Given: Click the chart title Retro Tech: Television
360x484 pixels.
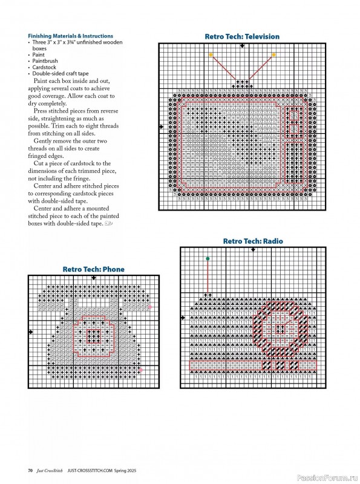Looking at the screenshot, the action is coord(242,36).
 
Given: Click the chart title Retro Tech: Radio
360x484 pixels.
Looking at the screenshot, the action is coord(253,241).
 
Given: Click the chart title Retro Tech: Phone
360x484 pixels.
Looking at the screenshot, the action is coord(94,269).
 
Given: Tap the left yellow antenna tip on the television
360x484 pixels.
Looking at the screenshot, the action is coord(211,54).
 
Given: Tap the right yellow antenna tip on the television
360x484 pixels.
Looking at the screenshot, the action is coord(273,54).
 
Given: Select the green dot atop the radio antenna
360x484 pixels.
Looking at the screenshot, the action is coord(208,259).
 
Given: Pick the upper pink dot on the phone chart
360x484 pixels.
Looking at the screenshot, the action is coord(150,307).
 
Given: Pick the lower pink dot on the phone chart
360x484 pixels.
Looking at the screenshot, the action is coord(141,370).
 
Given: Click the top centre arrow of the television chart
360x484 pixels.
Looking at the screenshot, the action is coord(243,46).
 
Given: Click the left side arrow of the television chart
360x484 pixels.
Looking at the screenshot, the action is coord(161,126).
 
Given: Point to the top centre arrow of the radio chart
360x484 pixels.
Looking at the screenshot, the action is coord(253,249).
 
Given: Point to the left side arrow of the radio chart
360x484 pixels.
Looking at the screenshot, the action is coord(183,318).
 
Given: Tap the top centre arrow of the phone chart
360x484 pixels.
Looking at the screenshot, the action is coord(94,278).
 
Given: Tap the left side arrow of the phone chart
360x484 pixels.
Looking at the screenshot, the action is coord(31,332).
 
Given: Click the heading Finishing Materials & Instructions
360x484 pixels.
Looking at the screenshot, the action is coord(70,36).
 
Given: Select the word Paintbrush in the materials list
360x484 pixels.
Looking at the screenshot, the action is coord(45,61).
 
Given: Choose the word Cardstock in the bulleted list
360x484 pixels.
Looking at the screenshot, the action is coord(44,67).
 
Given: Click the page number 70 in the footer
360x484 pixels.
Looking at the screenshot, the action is coord(30,471).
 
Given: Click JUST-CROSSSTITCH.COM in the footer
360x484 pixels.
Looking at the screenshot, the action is coord(90,471).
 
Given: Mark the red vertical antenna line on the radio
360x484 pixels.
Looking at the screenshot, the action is coord(208,276).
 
